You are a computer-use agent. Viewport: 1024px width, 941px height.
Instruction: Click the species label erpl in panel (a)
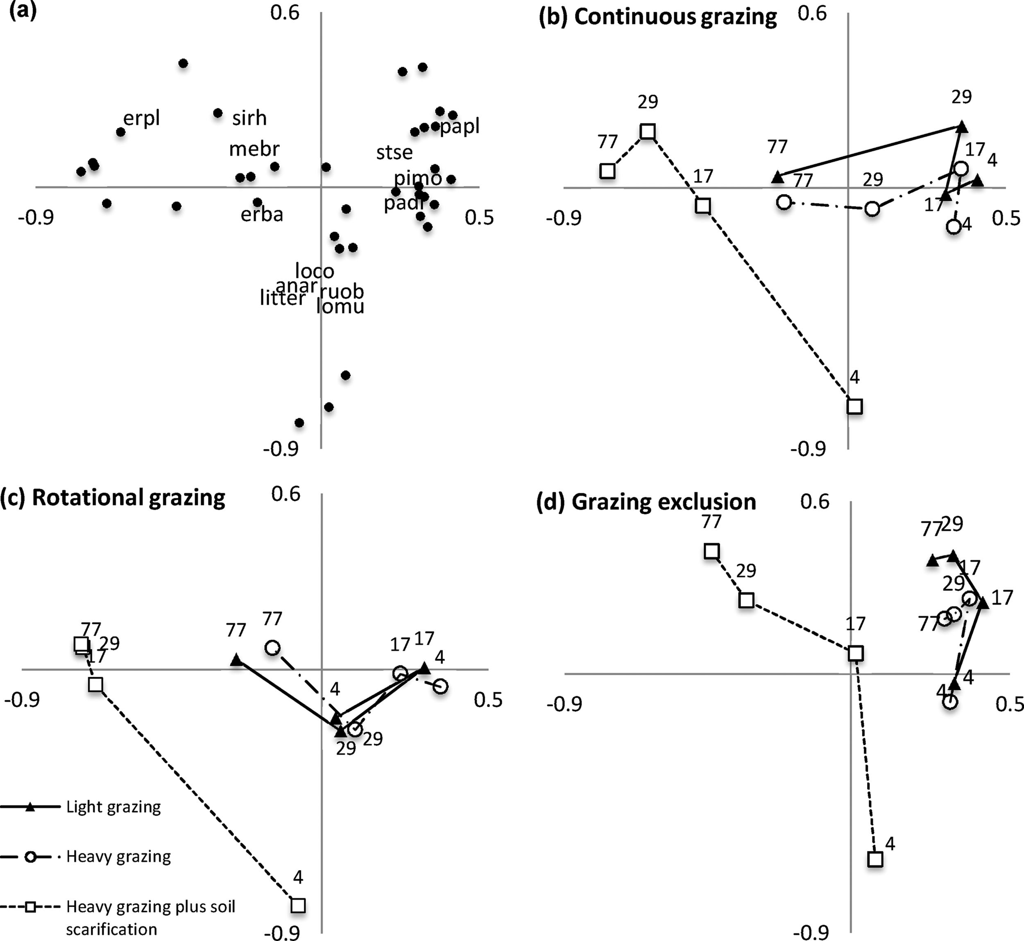(142, 118)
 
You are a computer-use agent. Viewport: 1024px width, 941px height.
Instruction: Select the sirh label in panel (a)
(249, 118)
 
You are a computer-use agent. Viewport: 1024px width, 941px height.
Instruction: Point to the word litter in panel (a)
(282, 298)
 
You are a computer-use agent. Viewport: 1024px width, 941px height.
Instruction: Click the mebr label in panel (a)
(254, 149)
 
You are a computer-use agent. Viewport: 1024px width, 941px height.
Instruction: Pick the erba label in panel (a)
(262, 214)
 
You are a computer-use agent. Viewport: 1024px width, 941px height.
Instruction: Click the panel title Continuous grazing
(675, 17)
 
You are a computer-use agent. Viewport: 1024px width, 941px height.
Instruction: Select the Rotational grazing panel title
(128, 497)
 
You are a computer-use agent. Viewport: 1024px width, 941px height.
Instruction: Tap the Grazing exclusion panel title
(664, 502)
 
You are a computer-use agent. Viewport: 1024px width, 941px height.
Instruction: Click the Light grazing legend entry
(113, 807)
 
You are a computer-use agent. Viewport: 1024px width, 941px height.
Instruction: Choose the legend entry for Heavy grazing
(118, 857)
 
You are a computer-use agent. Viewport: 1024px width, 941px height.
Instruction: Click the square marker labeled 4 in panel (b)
(854, 406)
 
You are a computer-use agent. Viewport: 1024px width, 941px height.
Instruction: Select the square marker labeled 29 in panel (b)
(647, 132)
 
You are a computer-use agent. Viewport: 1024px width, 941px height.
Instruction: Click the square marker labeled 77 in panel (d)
(711, 551)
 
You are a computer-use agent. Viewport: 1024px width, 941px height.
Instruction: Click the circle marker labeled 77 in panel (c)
(272, 648)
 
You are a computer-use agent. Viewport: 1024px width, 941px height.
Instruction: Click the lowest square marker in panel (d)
(875, 859)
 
